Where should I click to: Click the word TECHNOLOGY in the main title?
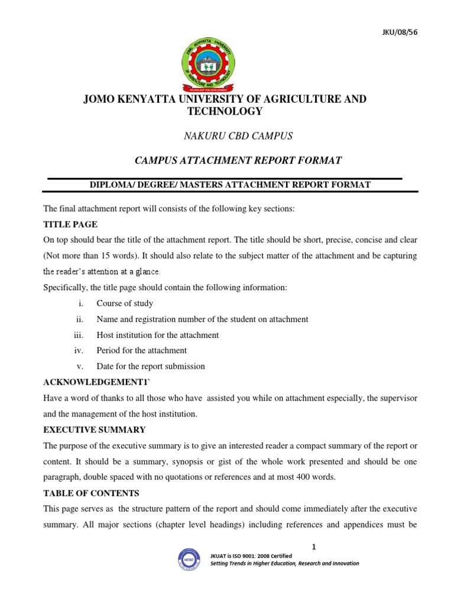225,111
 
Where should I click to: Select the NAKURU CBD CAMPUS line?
239,136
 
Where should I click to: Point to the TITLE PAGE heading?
70,225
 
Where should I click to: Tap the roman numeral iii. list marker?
80,335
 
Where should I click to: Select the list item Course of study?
125,303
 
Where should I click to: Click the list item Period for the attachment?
142,350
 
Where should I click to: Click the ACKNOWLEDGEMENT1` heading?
93,382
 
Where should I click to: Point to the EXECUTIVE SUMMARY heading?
95,429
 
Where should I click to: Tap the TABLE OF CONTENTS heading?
92,492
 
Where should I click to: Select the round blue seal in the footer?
189,560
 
